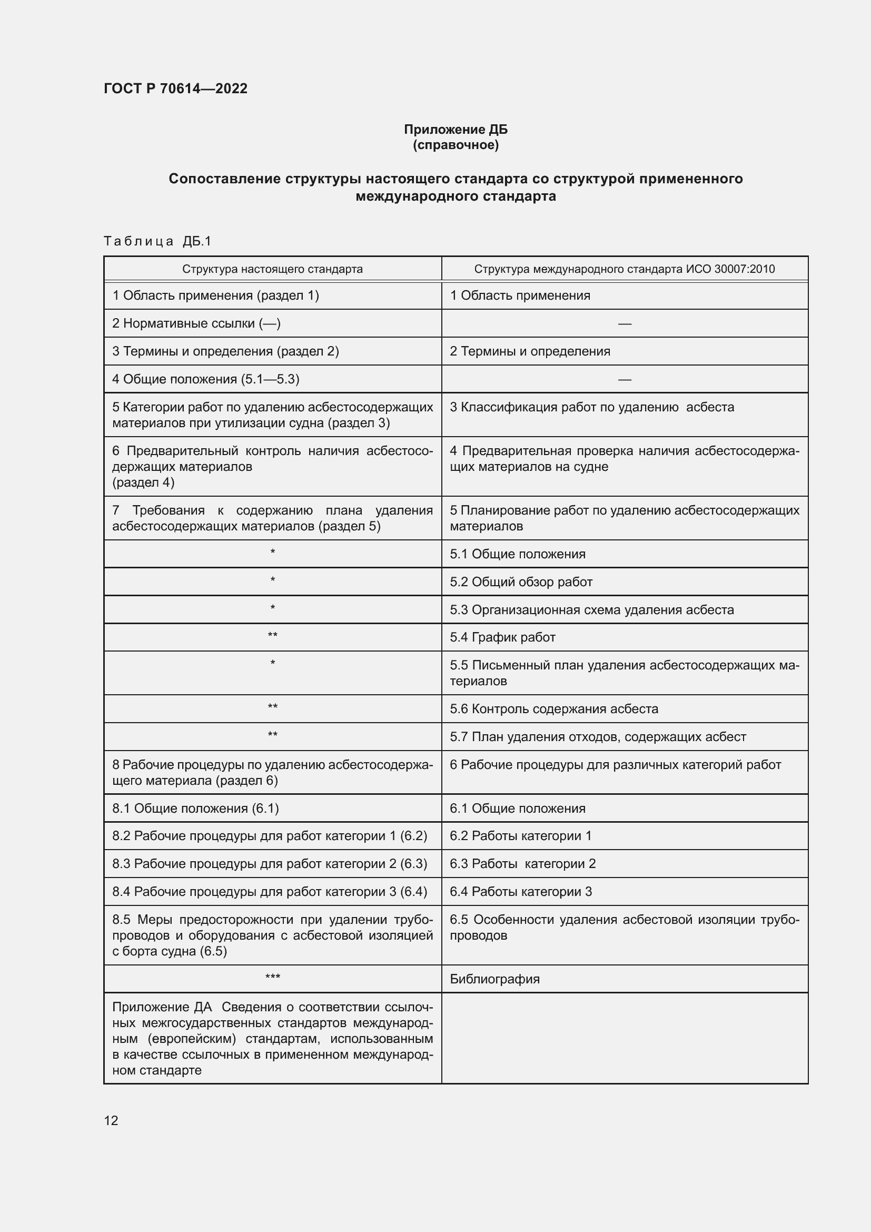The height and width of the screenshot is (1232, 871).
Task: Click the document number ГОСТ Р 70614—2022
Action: pyautogui.click(x=175, y=88)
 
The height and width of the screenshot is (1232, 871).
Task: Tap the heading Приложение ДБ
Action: pyautogui.click(x=456, y=130)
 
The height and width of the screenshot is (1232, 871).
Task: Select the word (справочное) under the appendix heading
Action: pyautogui.click(x=456, y=145)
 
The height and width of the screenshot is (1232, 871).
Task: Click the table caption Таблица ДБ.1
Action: pyautogui.click(x=157, y=241)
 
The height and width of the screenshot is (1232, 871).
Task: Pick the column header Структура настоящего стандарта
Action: pyautogui.click(x=272, y=269)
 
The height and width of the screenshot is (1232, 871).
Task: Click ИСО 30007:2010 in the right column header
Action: pyautogui.click(x=730, y=269)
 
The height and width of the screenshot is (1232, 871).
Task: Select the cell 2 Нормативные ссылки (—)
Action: pyautogui.click(x=196, y=323)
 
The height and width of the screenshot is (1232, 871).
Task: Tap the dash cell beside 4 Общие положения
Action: pyautogui.click(x=625, y=379)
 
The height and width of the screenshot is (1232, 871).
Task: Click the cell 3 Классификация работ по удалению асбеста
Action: pyautogui.click(x=591, y=407)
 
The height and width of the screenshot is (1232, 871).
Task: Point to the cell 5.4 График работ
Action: pyautogui.click(x=502, y=637)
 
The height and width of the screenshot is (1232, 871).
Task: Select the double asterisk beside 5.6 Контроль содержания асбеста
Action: pyautogui.click(x=272, y=707)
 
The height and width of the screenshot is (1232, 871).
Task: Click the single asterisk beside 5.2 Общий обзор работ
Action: pyautogui.click(x=272, y=580)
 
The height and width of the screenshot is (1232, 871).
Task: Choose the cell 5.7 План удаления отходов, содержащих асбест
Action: pyautogui.click(x=598, y=737)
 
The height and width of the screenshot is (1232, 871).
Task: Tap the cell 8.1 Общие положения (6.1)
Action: pyautogui.click(x=195, y=808)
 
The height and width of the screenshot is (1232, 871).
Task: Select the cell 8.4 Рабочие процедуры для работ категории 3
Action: pyautogui.click(x=269, y=891)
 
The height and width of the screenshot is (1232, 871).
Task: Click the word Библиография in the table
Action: pyautogui.click(x=494, y=979)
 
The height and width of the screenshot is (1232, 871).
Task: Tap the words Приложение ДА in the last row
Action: pyautogui.click(x=162, y=1007)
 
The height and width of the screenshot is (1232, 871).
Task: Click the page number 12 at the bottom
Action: pyautogui.click(x=111, y=1120)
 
